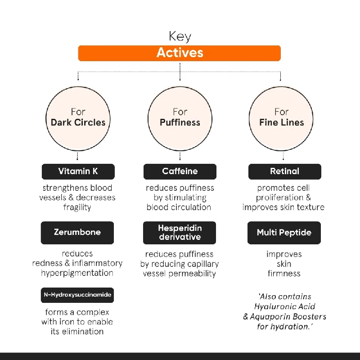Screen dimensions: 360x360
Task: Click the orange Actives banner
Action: click(x=180, y=53)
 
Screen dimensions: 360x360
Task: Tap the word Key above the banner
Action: click(x=180, y=36)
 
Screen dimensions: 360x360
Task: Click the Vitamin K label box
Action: click(x=78, y=171)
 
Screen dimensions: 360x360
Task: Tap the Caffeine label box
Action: click(x=180, y=171)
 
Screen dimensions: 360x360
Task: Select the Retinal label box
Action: click(x=284, y=171)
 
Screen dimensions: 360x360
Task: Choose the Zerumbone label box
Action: click(x=77, y=232)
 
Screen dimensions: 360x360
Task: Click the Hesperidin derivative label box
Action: click(x=180, y=232)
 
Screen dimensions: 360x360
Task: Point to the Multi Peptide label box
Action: click(x=284, y=233)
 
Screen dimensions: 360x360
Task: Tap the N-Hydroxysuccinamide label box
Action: click(x=77, y=295)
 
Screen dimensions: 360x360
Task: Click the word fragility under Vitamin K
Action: click(x=77, y=207)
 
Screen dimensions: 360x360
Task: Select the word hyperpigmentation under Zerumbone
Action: click(x=77, y=273)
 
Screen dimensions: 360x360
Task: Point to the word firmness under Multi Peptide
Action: click(x=283, y=273)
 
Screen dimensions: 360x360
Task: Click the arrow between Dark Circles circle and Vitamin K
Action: click(x=78, y=157)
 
